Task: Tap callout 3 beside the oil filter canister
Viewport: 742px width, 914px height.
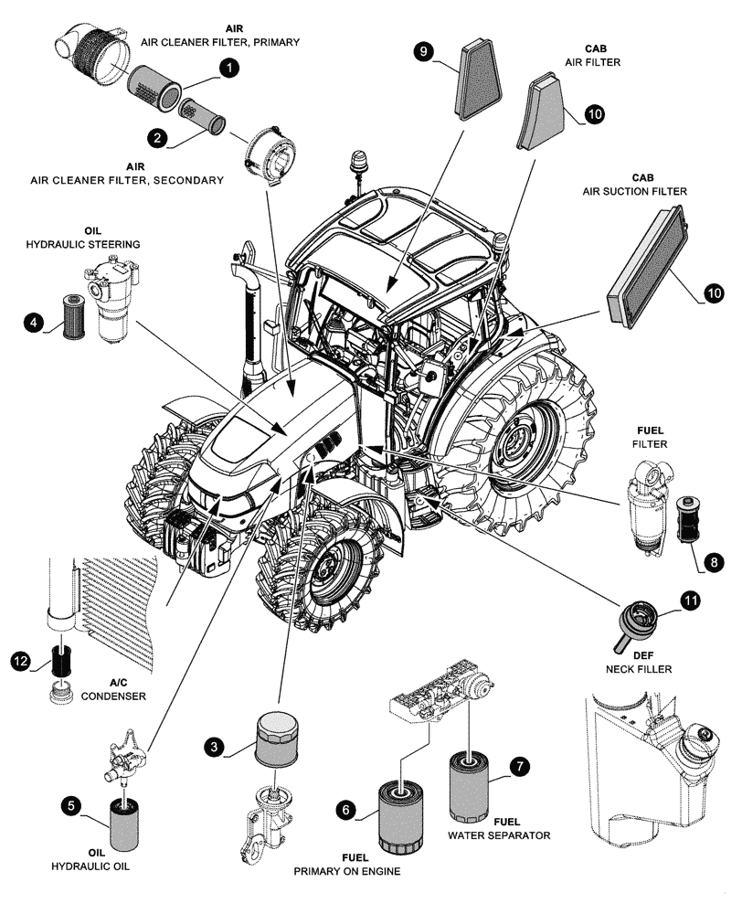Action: tap(214, 747)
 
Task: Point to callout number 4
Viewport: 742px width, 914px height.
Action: tap(33, 323)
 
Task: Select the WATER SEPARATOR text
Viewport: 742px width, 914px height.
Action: tap(499, 835)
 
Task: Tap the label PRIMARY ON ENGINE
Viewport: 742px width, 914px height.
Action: tap(346, 872)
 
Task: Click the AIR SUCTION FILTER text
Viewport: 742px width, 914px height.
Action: tap(634, 192)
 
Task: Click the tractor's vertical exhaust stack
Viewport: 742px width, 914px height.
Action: tap(248, 311)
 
